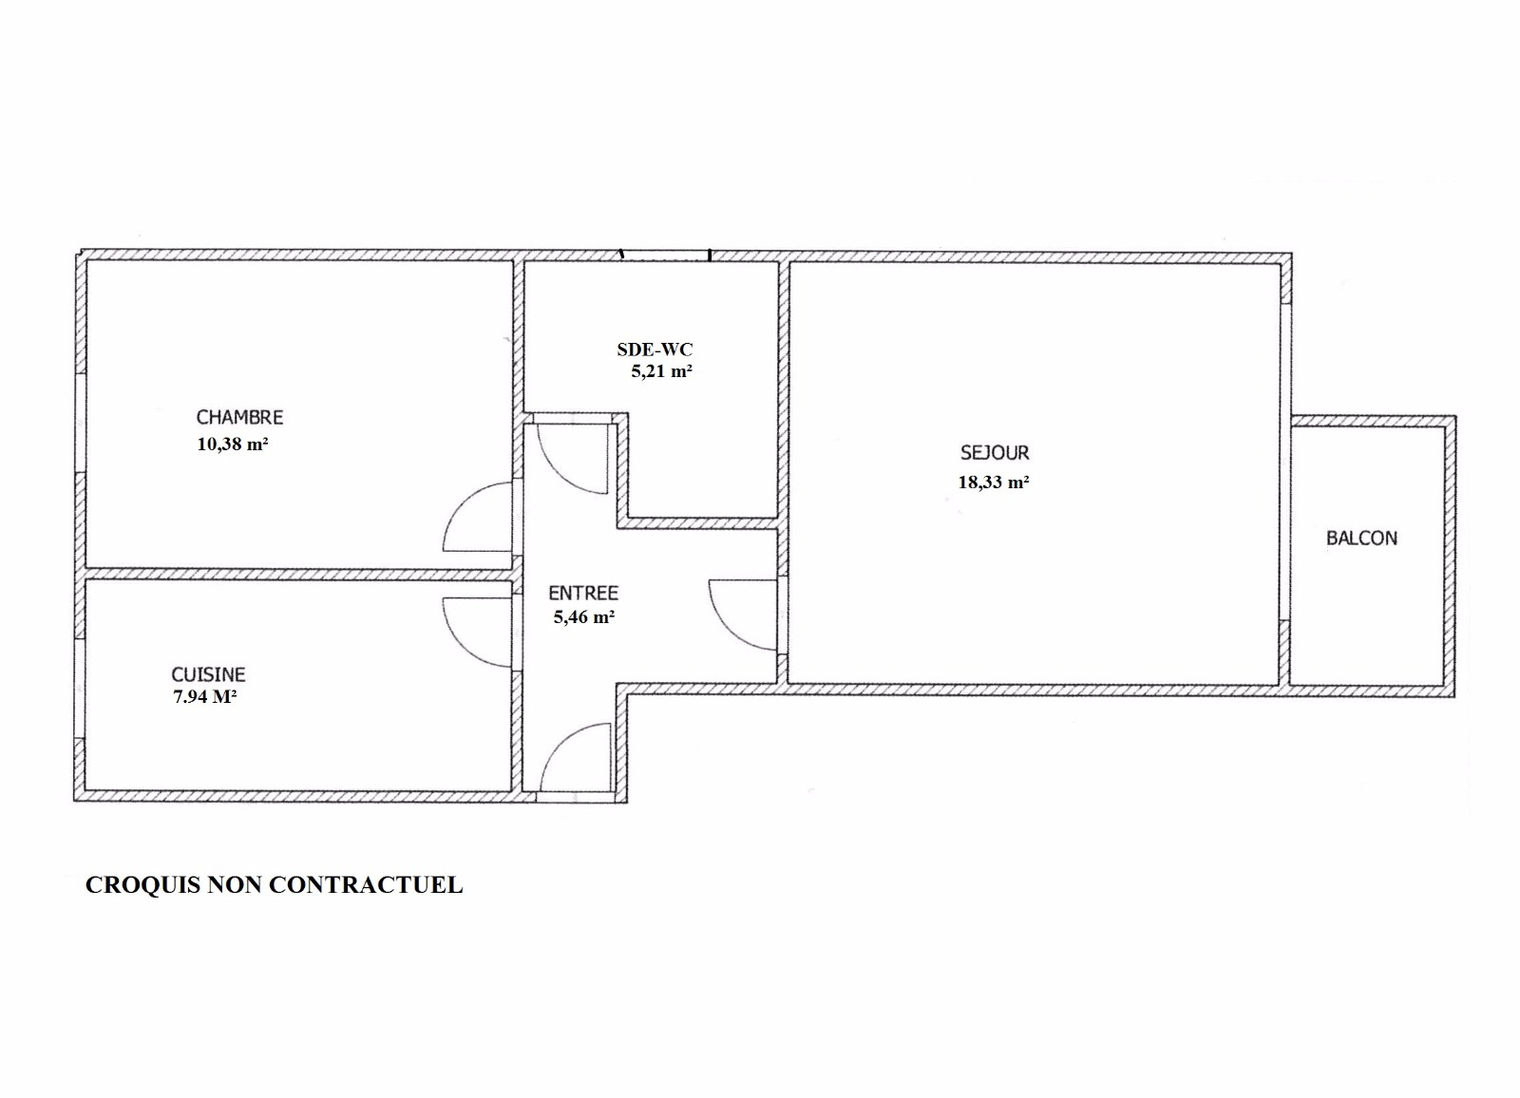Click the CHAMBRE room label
point(239,417)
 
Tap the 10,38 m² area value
point(232,445)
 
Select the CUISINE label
point(208,673)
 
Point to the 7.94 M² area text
point(205,696)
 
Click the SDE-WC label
point(655,350)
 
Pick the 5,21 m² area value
point(661,371)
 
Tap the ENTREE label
point(583,593)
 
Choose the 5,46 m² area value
point(584,617)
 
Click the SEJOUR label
point(995,453)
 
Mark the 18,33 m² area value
point(994,483)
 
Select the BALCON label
point(1362,539)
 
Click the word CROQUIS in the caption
point(143,885)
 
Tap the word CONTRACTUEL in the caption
point(367,885)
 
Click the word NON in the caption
point(236,885)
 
